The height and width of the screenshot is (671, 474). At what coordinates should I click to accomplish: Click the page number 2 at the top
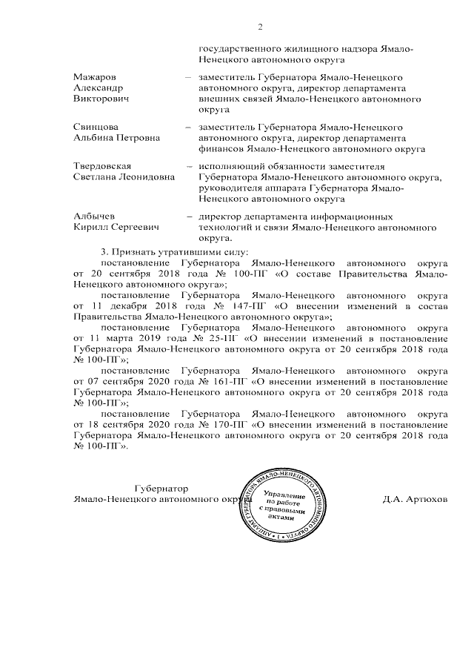[x=260, y=27]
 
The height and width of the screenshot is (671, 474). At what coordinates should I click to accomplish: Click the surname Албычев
[x=93, y=216]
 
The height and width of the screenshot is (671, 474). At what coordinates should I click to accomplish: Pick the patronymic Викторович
[x=101, y=97]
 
